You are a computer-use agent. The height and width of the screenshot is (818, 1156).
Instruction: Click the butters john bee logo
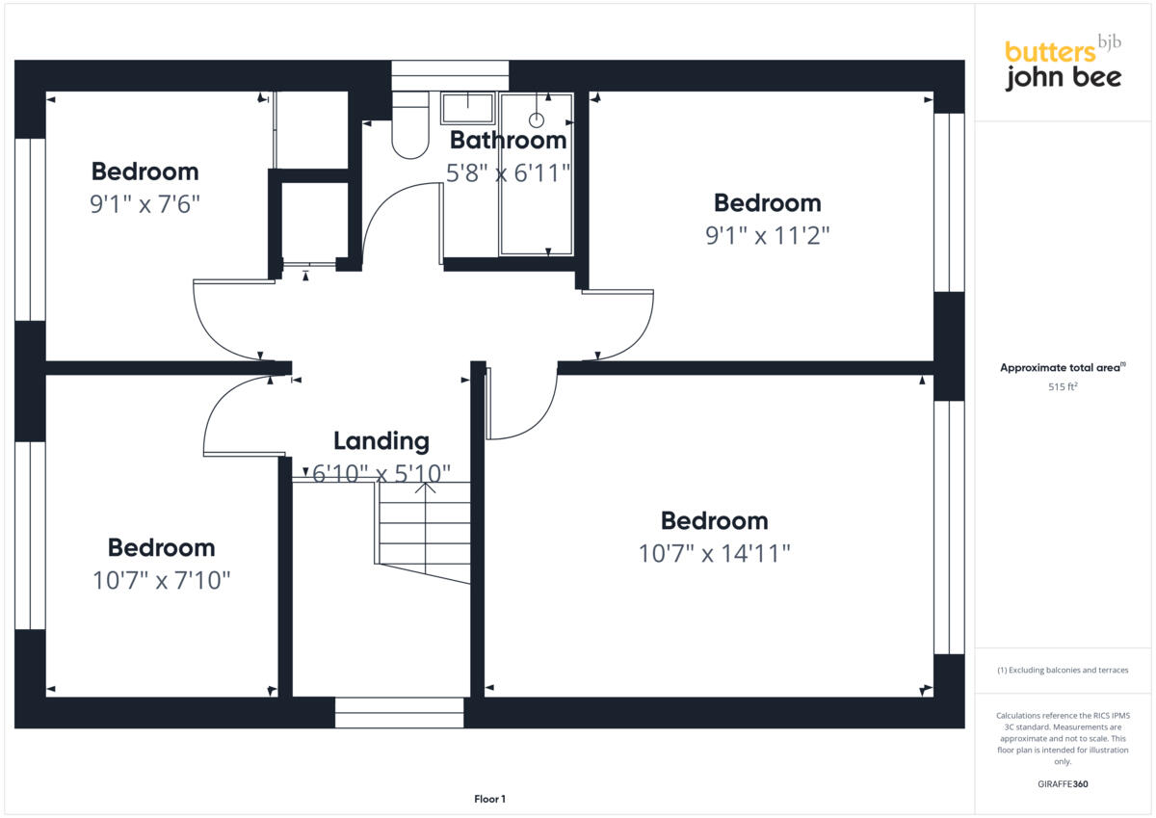pos(1063,65)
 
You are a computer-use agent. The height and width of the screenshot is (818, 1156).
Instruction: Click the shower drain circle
pos(537,120)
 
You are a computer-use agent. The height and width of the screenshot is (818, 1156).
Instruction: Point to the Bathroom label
pos(508,141)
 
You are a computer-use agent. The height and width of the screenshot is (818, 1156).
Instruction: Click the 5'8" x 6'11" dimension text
pos(508,173)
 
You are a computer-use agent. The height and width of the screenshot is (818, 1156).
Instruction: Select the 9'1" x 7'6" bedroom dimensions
pos(144,204)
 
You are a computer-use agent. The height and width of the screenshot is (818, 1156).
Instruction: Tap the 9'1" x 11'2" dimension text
pos(767,235)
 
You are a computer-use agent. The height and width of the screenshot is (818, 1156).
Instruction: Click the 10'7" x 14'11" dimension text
pos(714,554)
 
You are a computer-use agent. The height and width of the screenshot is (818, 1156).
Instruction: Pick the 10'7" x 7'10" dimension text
pos(161,581)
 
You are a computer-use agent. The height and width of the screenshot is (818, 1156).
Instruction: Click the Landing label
pos(381,441)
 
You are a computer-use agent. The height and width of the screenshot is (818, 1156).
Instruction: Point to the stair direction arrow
pos(425,488)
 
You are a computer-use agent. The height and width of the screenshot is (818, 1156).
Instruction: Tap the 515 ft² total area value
pos(1062,386)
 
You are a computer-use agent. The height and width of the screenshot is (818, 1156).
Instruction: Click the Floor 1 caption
pos(489,799)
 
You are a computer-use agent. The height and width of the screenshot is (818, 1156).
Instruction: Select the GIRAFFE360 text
pos(1063,784)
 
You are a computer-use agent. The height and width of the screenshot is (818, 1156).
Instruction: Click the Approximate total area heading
pos(1062,368)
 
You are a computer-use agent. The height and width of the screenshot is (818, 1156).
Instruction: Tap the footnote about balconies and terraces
pos(1062,670)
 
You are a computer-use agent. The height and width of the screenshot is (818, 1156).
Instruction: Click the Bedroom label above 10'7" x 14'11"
pos(714,521)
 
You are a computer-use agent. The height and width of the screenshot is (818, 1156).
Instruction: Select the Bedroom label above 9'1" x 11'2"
pos(767,203)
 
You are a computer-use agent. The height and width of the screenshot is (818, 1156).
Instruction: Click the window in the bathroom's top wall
pos(450,74)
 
